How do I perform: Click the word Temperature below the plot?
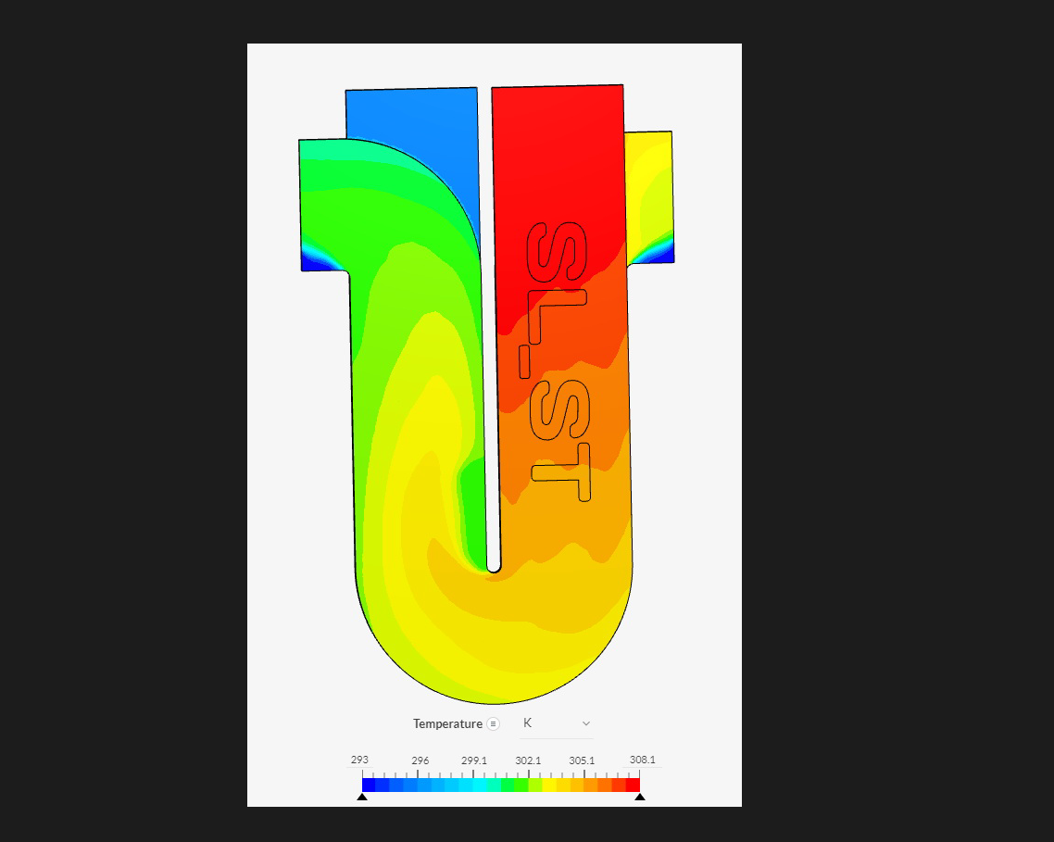click(x=447, y=723)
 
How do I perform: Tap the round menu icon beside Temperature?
click(x=494, y=723)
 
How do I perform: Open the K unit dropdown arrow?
click(x=585, y=723)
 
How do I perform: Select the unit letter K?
click(x=528, y=723)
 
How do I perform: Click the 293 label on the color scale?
click(x=358, y=760)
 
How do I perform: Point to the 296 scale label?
click(x=420, y=760)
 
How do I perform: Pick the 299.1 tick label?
click(x=474, y=760)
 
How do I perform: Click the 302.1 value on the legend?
click(x=528, y=760)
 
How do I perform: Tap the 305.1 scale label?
click(x=583, y=760)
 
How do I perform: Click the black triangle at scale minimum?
click(x=362, y=797)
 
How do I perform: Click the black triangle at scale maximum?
click(x=640, y=797)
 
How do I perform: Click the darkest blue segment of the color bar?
click(x=369, y=785)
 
